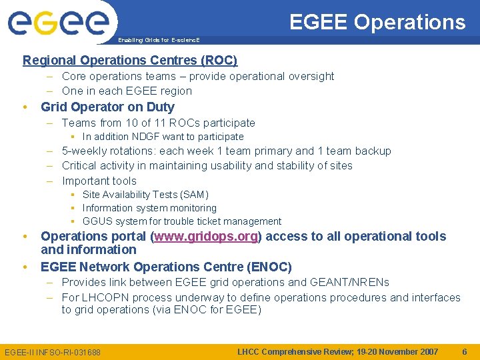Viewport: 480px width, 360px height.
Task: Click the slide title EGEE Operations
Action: tap(377, 22)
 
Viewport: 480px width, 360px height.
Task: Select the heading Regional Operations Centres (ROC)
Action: tap(130, 61)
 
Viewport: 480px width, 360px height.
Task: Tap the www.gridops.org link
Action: tap(207, 236)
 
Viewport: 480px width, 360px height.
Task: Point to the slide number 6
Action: tap(465, 351)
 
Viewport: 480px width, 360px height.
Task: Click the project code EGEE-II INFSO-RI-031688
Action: tap(53, 352)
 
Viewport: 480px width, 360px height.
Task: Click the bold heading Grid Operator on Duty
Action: tap(107, 107)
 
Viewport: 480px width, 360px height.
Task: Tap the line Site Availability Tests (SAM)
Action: tap(145, 195)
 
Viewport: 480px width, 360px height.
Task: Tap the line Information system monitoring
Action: tap(149, 208)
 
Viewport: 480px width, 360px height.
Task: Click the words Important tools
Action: tap(99, 181)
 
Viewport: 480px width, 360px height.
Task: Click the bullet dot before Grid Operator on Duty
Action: tap(25, 107)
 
